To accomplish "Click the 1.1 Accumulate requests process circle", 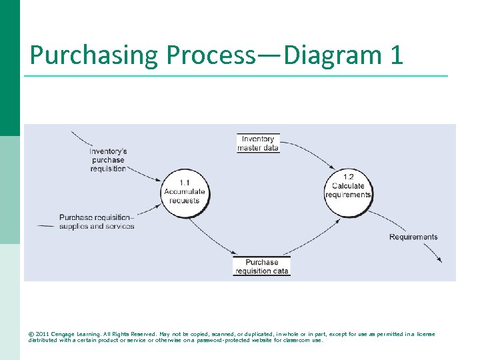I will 185,192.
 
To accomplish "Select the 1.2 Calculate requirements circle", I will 348,190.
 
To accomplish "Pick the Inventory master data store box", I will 258,143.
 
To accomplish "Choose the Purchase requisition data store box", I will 261,267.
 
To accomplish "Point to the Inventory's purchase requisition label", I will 109,160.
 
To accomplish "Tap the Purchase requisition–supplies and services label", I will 97,222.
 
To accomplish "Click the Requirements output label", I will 413,237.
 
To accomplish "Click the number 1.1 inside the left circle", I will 185,183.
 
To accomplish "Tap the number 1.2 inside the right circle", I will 348,177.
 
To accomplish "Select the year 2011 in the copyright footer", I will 43,334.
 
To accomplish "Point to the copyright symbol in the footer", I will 31,334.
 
